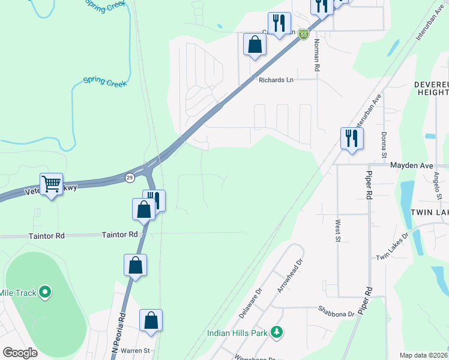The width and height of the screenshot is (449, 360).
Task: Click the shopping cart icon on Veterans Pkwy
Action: (52, 184)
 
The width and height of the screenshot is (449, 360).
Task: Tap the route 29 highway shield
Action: (129, 178)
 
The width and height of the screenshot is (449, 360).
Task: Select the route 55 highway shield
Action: (304, 35)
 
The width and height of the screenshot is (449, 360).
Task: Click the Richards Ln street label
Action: (276, 79)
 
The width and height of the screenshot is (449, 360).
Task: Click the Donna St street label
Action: (384, 143)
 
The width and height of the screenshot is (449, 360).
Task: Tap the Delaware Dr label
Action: (251, 302)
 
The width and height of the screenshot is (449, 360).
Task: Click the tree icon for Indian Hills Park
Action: (277, 332)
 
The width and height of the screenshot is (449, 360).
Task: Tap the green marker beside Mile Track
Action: (45, 293)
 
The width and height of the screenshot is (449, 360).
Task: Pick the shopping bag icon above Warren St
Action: (151, 320)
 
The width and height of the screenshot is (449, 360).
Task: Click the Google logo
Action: (20, 353)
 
